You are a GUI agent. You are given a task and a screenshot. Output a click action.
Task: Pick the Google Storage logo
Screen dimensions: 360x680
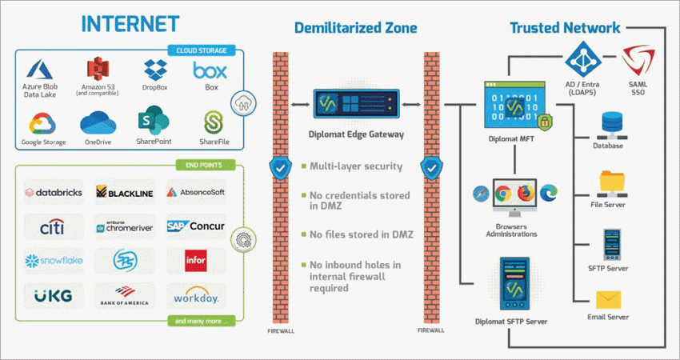pyautogui.click(x=45, y=123)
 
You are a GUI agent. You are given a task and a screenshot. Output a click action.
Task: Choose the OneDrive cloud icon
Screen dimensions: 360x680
pyautogui.click(x=98, y=124)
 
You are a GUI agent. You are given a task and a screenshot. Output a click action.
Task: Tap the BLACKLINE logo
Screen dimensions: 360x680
pyautogui.click(x=125, y=193)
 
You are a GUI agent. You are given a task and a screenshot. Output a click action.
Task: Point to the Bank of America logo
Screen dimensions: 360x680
pyautogui.click(x=125, y=294)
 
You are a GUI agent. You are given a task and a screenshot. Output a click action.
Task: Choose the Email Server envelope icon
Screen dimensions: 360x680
pyautogui.click(x=611, y=300)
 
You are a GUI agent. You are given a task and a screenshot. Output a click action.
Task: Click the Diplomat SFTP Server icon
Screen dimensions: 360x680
pyautogui.click(x=512, y=284)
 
